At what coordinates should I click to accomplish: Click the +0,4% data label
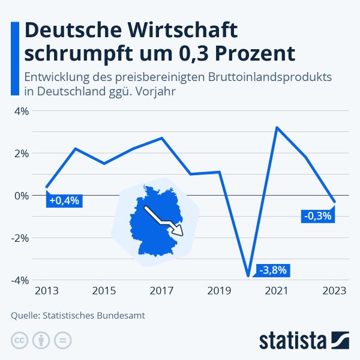click(64, 200)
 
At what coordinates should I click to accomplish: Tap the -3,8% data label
click(273, 270)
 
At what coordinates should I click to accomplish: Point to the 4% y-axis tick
click(21, 111)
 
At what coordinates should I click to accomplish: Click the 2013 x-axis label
click(47, 292)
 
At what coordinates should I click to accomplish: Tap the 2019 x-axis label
click(219, 292)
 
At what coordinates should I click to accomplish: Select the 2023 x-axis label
click(334, 292)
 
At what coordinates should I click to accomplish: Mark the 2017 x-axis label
click(161, 292)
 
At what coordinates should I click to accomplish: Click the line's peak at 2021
click(277, 127)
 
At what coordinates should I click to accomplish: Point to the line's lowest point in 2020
click(248, 276)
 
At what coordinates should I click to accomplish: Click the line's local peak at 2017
click(162, 138)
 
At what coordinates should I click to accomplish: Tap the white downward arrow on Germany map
click(165, 222)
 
